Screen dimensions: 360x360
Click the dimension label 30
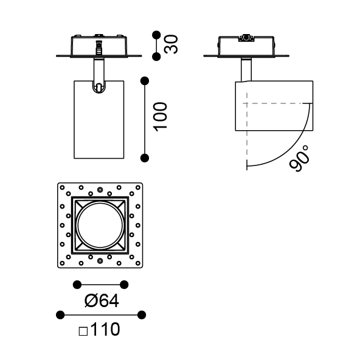click(x=171, y=44)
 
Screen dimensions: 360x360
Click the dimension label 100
click(x=161, y=117)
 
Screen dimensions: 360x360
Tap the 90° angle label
click(x=299, y=159)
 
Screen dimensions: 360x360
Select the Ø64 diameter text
click(x=102, y=301)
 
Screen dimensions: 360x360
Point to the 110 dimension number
click(x=105, y=329)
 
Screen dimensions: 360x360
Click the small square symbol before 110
click(x=83, y=331)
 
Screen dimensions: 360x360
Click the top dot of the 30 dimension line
click(x=156, y=35)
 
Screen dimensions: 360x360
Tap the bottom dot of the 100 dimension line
click(x=145, y=158)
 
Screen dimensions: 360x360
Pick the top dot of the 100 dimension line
click(x=145, y=81)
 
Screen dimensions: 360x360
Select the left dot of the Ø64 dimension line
click(x=77, y=285)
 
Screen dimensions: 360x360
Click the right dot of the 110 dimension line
click(x=142, y=315)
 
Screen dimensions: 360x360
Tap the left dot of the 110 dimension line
click(x=60, y=315)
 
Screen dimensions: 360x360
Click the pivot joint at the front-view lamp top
click(x=99, y=87)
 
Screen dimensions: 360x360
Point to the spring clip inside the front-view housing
click(x=99, y=47)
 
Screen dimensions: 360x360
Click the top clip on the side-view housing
click(x=246, y=38)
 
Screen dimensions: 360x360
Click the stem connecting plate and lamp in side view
click(x=246, y=69)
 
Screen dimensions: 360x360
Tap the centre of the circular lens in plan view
click(x=100, y=225)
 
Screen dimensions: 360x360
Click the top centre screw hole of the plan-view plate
click(x=100, y=190)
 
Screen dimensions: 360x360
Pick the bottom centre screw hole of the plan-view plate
click(x=100, y=261)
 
